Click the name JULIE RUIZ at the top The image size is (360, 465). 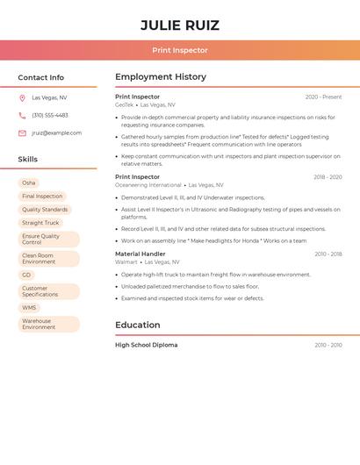180,25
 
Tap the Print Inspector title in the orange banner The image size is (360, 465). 180,51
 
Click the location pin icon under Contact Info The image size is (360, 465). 22,98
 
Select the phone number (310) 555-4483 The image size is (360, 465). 50,115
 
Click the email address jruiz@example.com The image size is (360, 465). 56,133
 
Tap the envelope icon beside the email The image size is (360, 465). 22,133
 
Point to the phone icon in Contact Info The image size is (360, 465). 22,115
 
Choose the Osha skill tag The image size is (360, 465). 29,182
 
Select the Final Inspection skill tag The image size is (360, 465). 42,197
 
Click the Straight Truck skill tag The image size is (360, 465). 40,223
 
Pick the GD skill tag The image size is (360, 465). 26,275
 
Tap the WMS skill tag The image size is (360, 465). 30,308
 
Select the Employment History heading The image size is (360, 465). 161,77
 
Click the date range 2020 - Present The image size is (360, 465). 323,97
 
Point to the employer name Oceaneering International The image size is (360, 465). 148,185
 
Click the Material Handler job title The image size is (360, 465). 140,254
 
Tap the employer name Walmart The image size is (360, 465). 126,261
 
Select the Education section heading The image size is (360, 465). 138,325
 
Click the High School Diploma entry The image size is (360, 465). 146,345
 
